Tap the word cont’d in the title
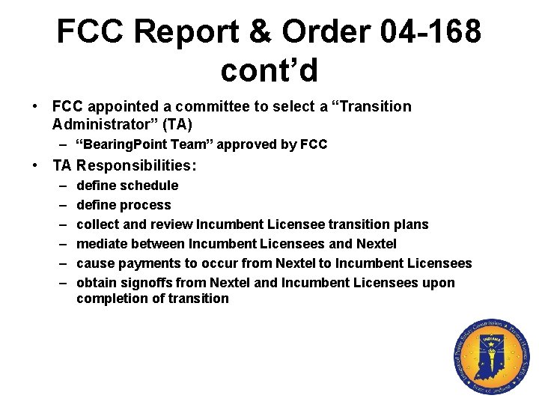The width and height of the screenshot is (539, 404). pyautogui.click(x=269, y=70)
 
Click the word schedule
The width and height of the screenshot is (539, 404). pyautogui.click(x=147, y=186)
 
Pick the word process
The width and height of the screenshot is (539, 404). pyautogui.click(x=144, y=205)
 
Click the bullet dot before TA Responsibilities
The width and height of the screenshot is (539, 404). pyautogui.click(x=35, y=165)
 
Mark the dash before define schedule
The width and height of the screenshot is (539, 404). pyautogui.click(x=59, y=186)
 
